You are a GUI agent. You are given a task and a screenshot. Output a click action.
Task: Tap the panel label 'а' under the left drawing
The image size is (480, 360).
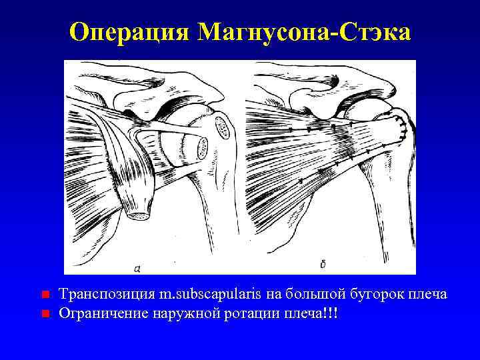(137, 268)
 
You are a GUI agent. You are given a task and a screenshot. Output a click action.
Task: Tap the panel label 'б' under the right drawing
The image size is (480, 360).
(323, 265)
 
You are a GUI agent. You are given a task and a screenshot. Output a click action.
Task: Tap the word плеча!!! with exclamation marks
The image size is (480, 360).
(311, 313)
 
